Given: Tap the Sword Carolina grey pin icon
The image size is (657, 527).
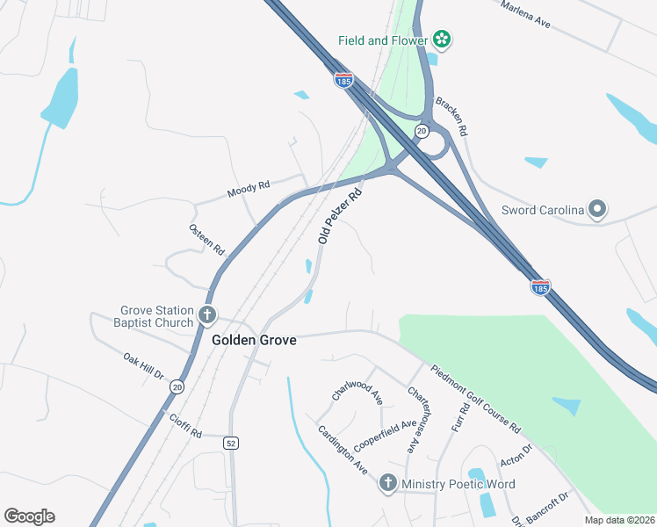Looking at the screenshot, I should [598, 209].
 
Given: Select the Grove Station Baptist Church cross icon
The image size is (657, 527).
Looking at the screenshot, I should [208, 314].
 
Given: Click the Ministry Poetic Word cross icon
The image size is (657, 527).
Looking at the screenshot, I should [388, 483].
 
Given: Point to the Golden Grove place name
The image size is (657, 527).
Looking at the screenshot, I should [254, 340].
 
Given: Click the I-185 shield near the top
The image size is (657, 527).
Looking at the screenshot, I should [343, 80].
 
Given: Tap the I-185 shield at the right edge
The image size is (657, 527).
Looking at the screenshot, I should [540, 286].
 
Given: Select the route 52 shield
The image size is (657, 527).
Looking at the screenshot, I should [230, 442].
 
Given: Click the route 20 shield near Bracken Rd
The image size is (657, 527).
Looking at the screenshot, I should [422, 131].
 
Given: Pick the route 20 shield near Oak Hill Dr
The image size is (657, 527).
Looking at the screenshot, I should [177, 386].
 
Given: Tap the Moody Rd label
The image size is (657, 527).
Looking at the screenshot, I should [248, 187].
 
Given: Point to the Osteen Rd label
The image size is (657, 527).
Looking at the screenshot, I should [206, 239].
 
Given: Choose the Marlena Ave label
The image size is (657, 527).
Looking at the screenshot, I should [525, 15].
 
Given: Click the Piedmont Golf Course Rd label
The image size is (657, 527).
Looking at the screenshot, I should [475, 399].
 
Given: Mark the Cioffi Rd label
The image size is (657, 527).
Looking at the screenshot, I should [185, 426].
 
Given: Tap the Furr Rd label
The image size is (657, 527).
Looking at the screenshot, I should [460, 417].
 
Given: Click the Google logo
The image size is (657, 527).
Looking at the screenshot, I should [29, 516].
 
